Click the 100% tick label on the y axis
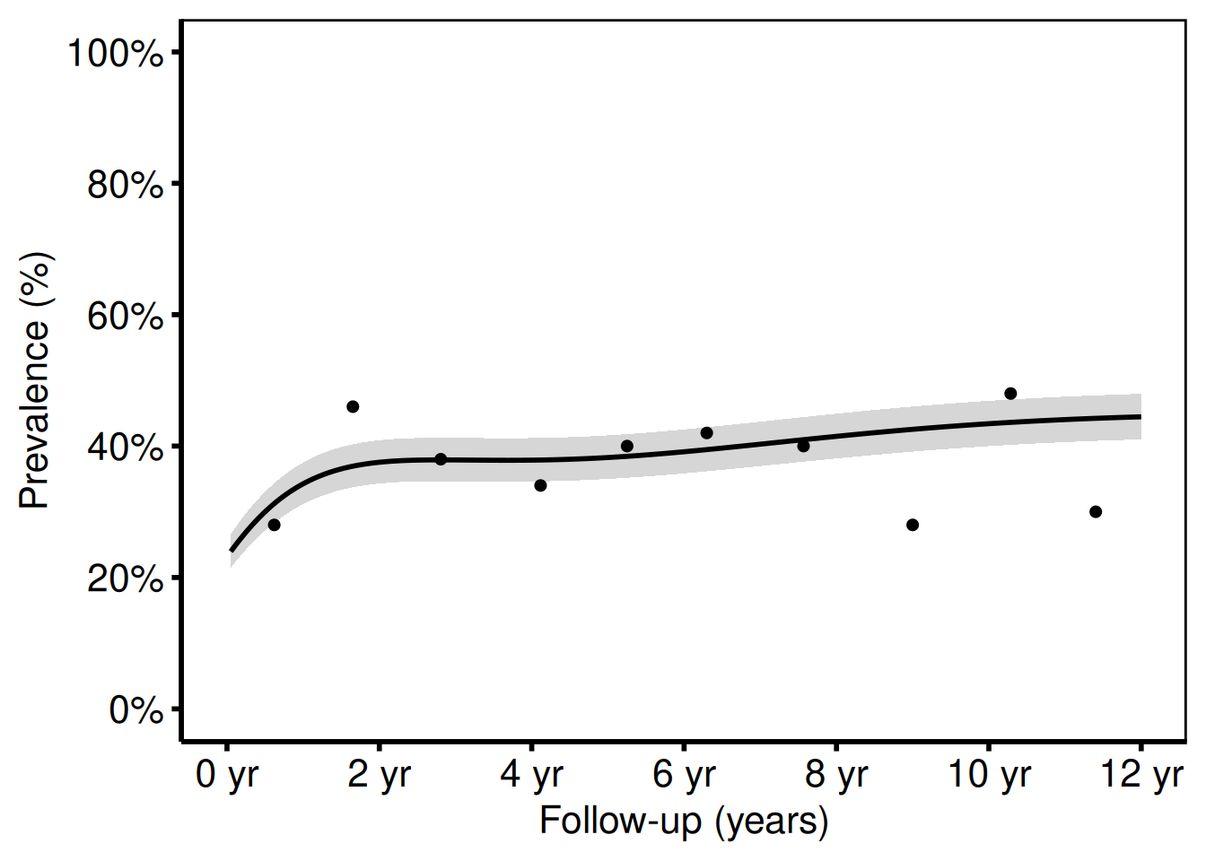point(116,53)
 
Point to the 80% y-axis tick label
point(125,185)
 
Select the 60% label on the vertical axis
point(125,316)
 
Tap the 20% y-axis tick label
point(125,578)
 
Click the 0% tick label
point(135,710)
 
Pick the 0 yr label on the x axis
point(227,775)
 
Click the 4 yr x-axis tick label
point(531,775)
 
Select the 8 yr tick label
point(836,775)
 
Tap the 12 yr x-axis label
point(1141,775)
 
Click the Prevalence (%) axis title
point(35,381)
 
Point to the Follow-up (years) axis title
point(684,822)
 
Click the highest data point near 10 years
point(1010,394)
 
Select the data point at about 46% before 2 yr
point(353,407)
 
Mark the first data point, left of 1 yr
point(274,525)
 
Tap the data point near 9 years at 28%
point(913,525)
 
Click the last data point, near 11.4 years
point(1096,512)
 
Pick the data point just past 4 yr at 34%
point(540,485)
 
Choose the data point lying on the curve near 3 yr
point(441,459)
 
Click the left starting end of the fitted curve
point(232,550)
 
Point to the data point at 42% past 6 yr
point(707,433)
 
